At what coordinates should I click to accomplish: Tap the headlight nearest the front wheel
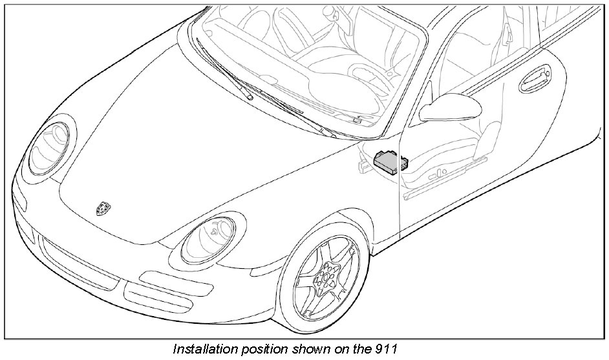[207, 238]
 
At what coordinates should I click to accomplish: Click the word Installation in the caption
[200, 350]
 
